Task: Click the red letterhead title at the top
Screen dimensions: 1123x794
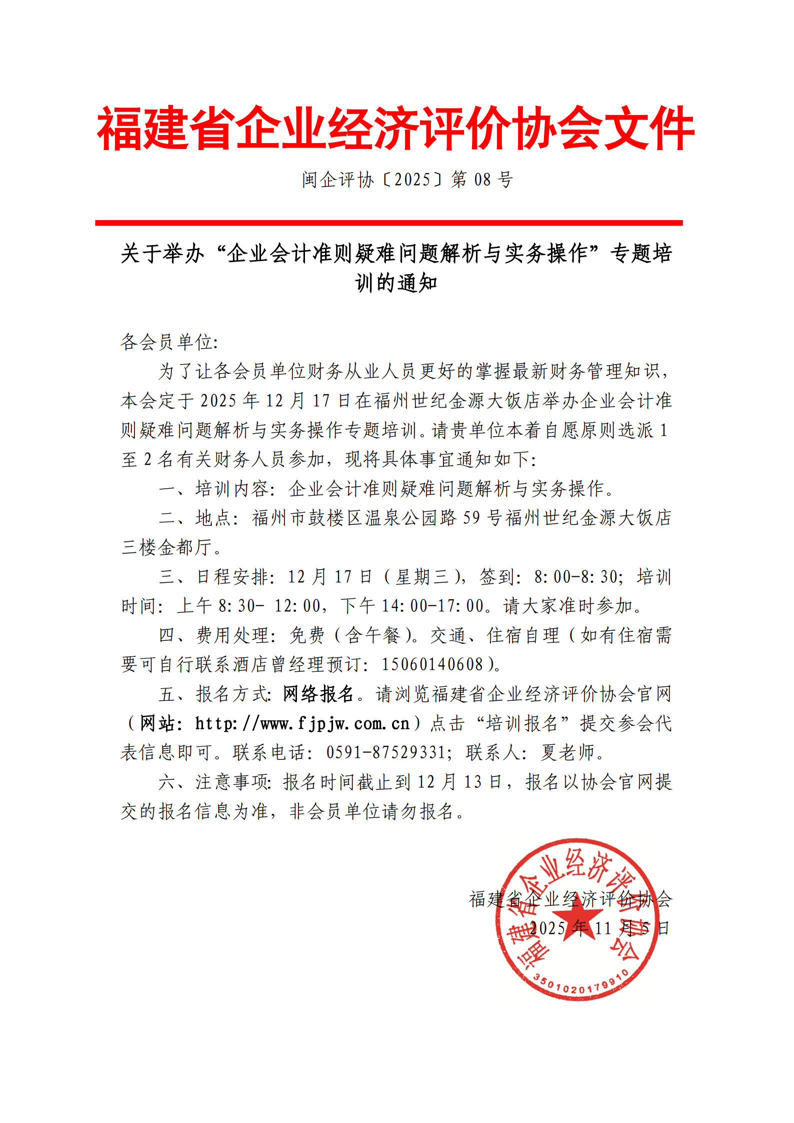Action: pos(395,129)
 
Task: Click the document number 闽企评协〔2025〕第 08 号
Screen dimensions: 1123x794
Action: pos(407,179)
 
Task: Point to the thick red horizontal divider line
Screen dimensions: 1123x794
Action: pos(388,223)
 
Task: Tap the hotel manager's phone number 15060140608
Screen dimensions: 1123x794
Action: pos(432,664)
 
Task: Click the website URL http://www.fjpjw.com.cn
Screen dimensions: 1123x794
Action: pos(302,723)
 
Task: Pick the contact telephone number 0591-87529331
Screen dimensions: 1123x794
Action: pos(385,752)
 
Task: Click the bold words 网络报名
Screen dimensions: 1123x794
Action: pos(318,694)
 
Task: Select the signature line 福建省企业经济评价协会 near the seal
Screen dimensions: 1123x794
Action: pos(570,899)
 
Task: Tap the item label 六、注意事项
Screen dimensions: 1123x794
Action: pos(214,782)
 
